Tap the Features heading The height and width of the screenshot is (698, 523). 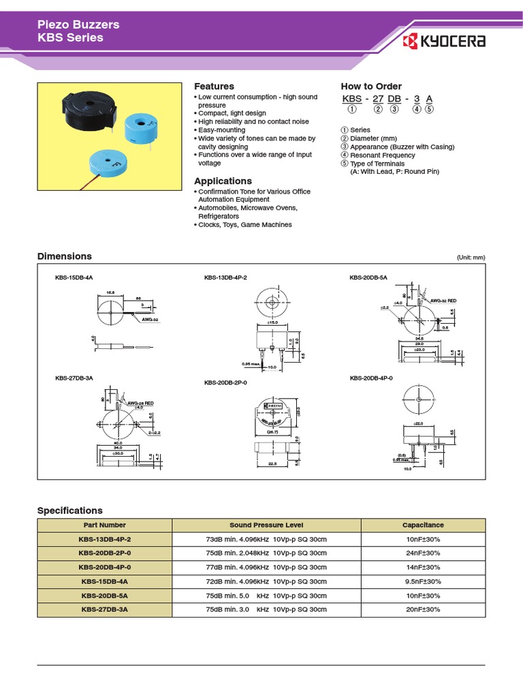point(214,87)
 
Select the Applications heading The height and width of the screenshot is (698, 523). point(223,181)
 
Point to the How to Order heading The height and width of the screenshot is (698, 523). point(371,87)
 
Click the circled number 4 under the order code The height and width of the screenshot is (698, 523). point(417,110)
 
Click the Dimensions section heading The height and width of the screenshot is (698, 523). point(64,256)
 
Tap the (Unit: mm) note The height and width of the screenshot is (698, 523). point(471,258)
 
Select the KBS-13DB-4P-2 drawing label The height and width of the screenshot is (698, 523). point(225,278)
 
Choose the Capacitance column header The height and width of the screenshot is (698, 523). point(423,526)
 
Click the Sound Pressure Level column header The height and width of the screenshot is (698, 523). point(266,526)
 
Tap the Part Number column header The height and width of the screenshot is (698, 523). point(104,526)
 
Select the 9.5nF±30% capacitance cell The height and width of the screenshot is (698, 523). point(423,581)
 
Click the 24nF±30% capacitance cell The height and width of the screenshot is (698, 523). point(423,553)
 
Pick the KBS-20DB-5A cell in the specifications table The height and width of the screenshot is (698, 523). point(104,596)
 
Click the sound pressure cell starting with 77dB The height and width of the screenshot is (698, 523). point(266,567)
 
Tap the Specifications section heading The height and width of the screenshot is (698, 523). point(69,511)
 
